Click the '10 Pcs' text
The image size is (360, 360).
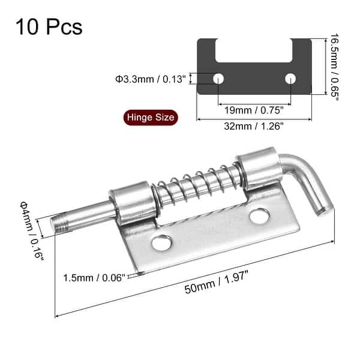pos(49,27)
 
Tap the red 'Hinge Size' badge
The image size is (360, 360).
pos(151,118)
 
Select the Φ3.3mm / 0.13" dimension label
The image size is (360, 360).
pos(151,79)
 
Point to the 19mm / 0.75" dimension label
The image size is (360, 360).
pos(254,110)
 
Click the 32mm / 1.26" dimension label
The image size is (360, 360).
pos(254,126)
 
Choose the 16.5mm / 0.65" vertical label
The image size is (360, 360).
pos(335,67)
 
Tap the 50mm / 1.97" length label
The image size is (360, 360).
pos(217,282)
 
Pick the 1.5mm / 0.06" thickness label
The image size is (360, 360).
pos(94,278)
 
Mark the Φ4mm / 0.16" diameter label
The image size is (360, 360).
pos(32,231)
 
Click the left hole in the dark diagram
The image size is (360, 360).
pos(218,79)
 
